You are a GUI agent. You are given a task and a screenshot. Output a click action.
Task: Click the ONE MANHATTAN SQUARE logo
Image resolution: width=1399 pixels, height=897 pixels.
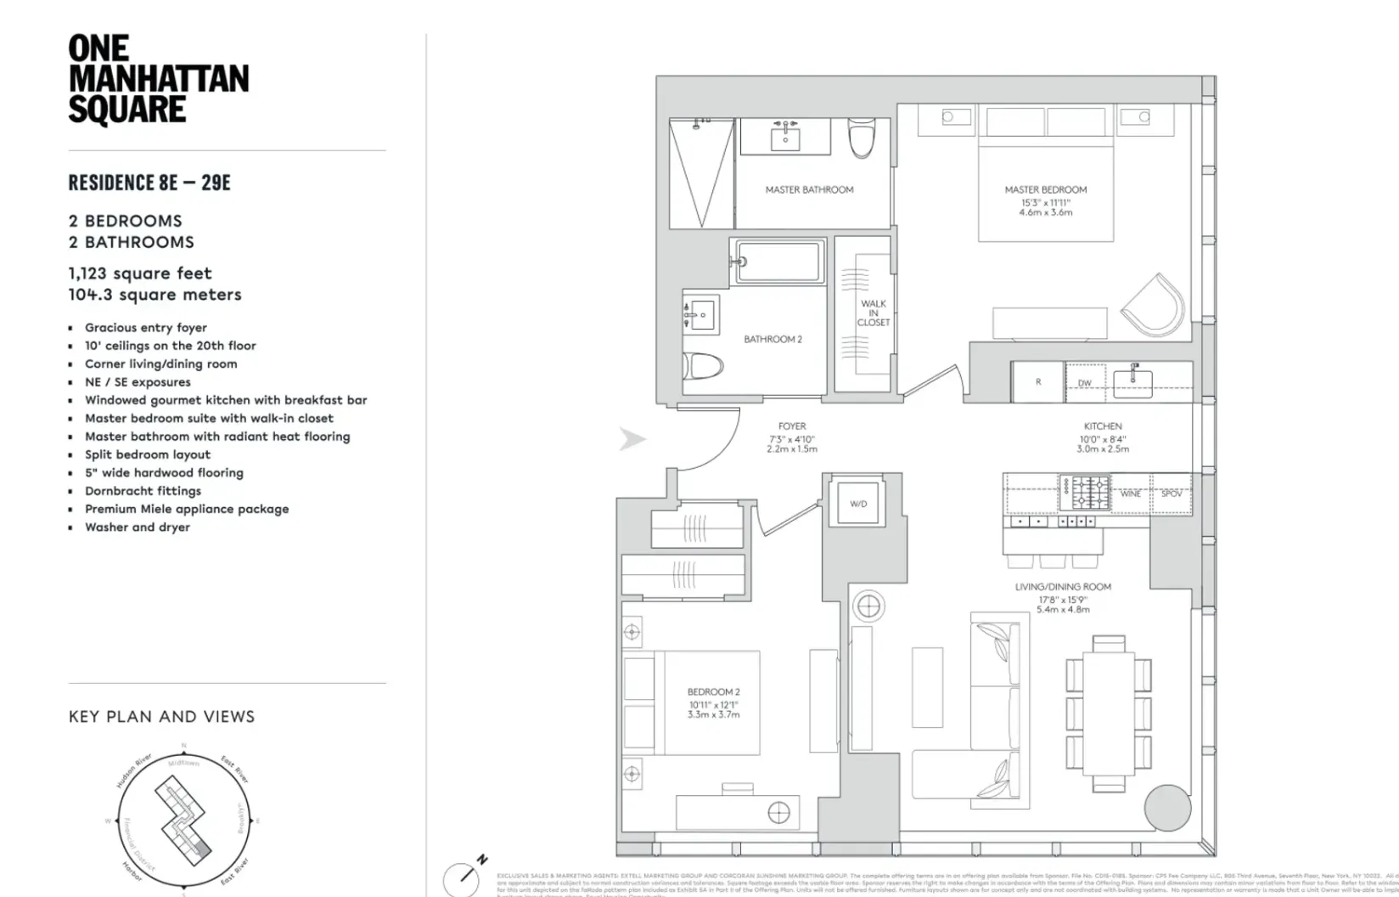pyautogui.click(x=158, y=80)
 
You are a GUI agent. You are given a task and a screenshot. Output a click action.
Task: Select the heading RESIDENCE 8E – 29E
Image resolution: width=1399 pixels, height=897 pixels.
pyautogui.click(x=149, y=183)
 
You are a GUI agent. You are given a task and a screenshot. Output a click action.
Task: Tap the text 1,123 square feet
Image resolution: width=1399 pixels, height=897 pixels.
pyautogui.click(x=140, y=274)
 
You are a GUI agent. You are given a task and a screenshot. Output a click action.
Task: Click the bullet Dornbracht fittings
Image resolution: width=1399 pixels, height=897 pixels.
pyautogui.click(x=143, y=491)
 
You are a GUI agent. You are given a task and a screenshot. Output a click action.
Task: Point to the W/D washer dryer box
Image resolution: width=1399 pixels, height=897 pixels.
pyautogui.click(x=858, y=504)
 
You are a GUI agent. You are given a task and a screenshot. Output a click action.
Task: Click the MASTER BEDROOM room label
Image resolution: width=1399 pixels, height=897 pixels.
pyautogui.click(x=1045, y=189)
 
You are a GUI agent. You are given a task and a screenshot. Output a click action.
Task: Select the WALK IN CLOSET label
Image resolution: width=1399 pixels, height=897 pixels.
pyautogui.click(x=873, y=313)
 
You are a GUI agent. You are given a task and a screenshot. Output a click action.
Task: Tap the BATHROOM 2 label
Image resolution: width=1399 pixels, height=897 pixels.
pyautogui.click(x=773, y=339)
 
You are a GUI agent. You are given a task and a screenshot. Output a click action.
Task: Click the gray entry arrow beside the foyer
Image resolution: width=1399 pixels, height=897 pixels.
pyautogui.click(x=632, y=439)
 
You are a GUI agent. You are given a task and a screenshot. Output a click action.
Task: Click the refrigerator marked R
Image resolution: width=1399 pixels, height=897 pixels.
pyautogui.click(x=1037, y=382)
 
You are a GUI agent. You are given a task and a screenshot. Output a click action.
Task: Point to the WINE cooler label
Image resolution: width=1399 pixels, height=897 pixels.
pyautogui.click(x=1130, y=494)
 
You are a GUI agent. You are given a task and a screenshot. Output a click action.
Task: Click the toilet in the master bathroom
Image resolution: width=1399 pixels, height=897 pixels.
pyautogui.click(x=861, y=138)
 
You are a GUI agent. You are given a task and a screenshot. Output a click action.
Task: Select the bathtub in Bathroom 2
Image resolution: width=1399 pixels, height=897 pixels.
pyautogui.click(x=778, y=262)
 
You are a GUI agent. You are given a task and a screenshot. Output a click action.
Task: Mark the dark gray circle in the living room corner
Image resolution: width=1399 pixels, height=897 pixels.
pyautogui.click(x=1167, y=807)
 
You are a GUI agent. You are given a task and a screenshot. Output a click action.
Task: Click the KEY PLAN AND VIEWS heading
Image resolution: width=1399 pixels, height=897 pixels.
pyautogui.click(x=161, y=717)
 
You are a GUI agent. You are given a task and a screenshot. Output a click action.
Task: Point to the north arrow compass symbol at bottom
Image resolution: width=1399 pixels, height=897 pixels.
pyautogui.click(x=463, y=877)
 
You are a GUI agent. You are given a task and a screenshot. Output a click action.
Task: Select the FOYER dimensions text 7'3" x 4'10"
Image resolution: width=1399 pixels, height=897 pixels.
pyautogui.click(x=791, y=438)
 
